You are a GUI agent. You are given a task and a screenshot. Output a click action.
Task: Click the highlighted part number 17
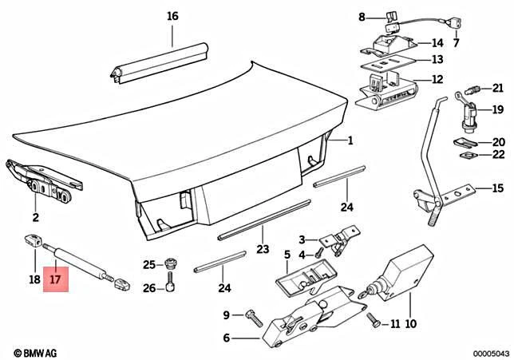55,279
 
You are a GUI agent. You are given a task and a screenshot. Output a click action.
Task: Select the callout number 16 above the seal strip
173,16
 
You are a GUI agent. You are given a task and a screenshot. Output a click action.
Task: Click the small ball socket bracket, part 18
34,238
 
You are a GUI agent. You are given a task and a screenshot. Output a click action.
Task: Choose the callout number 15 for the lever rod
497,189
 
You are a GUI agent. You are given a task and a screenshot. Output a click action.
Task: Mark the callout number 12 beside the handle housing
437,79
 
